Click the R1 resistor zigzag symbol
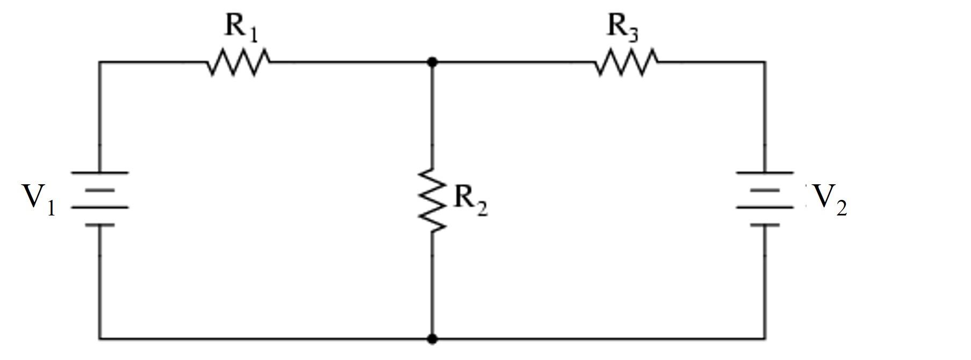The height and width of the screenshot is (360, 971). pos(238,62)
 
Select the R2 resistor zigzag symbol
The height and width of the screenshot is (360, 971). pos(432,200)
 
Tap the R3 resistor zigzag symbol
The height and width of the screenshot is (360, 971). pos(626,62)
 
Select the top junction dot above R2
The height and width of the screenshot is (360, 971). pos(432,62)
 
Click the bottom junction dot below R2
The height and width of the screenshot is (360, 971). pos(432,339)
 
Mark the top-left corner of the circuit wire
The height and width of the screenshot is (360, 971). pos(99,62)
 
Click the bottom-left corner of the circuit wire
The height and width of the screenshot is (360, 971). pos(99,339)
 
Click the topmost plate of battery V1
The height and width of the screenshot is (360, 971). pos(99,172)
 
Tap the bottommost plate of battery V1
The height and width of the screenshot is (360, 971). pos(99,226)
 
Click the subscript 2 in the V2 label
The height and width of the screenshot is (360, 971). pos(841,208)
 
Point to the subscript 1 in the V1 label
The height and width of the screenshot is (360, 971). pos(51,208)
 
